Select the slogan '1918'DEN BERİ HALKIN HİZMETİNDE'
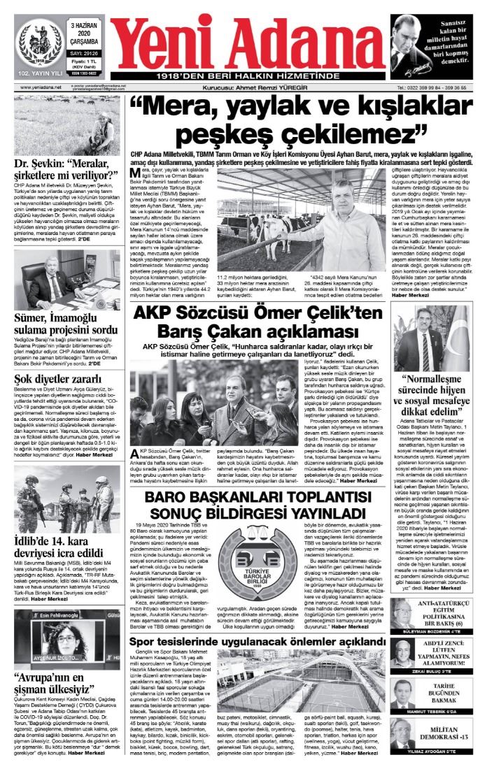pyautogui.click(x=247, y=75)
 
